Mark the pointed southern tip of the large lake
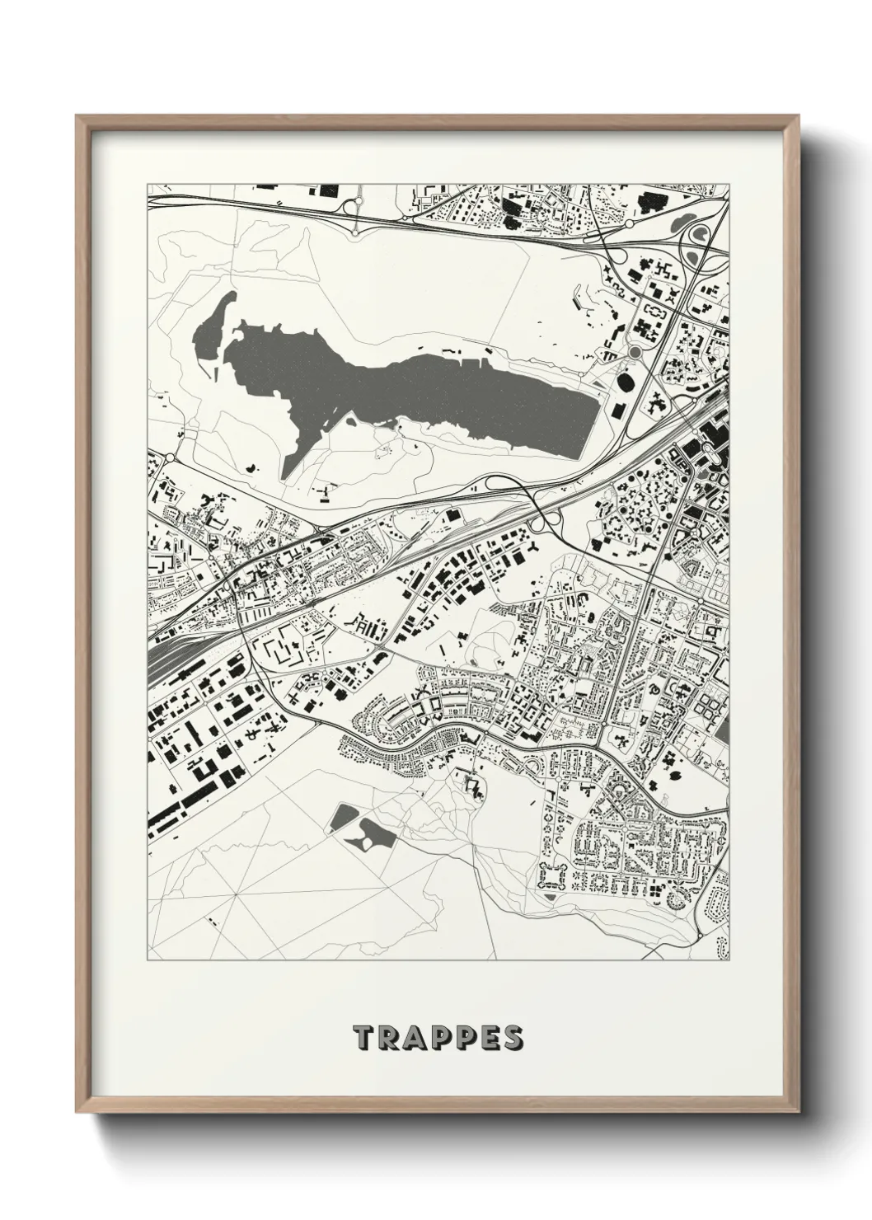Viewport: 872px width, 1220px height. (x=285, y=477)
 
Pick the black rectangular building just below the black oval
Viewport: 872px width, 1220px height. (x=616, y=410)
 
